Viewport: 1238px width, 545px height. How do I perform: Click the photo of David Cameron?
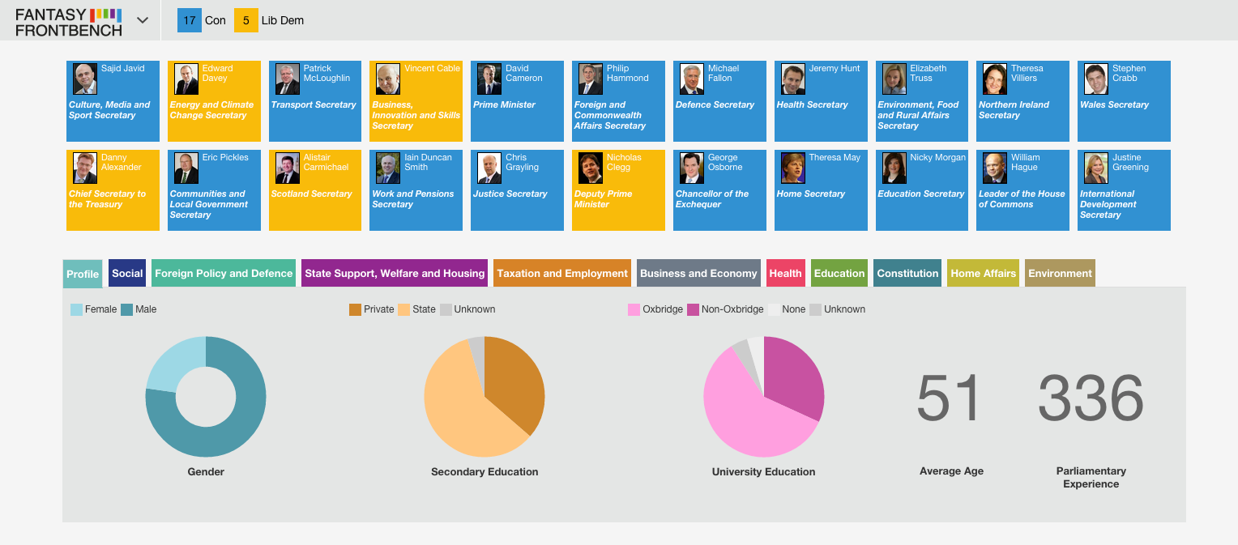click(489, 79)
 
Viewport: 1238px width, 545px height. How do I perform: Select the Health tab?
click(785, 274)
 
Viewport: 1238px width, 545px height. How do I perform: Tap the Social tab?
click(127, 274)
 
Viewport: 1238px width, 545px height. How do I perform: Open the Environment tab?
click(1060, 274)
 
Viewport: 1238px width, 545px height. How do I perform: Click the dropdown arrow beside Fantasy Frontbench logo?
click(143, 20)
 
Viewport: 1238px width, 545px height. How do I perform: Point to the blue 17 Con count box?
click(189, 20)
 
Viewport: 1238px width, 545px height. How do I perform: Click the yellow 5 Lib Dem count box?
click(246, 20)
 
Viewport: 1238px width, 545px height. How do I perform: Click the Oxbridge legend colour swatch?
click(634, 310)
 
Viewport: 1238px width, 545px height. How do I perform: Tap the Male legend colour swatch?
click(126, 310)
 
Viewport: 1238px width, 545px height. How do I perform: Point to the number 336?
click(1091, 398)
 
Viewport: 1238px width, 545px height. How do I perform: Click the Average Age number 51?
click(949, 398)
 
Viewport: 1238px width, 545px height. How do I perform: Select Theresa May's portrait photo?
click(792, 168)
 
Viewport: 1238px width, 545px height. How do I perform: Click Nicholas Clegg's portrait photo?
click(591, 168)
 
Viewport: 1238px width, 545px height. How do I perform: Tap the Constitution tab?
click(907, 274)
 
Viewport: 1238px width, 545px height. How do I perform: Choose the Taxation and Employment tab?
click(562, 274)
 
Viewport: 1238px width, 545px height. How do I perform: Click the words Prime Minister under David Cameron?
click(504, 105)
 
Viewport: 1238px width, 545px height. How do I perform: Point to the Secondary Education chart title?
click(485, 471)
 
